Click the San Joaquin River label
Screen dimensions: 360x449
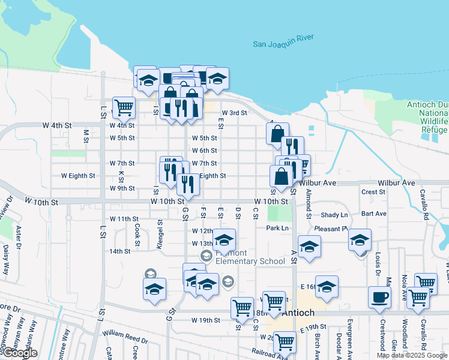click(283, 43)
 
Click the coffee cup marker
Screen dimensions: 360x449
click(379, 298)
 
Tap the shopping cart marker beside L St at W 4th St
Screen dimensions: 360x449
click(124, 107)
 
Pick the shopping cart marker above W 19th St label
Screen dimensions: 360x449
click(242, 307)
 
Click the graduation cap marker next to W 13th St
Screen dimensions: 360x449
click(224, 240)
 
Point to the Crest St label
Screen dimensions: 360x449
click(373, 192)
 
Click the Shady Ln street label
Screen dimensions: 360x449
click(334, 215)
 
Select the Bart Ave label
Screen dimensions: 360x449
click(374, 214)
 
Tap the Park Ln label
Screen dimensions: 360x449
click(278, 228)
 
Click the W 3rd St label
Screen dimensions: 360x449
click(234, 112)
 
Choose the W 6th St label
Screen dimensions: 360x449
click(204, 151)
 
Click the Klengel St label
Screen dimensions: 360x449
click(160, 230)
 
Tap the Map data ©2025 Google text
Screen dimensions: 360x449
click(412, 355)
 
